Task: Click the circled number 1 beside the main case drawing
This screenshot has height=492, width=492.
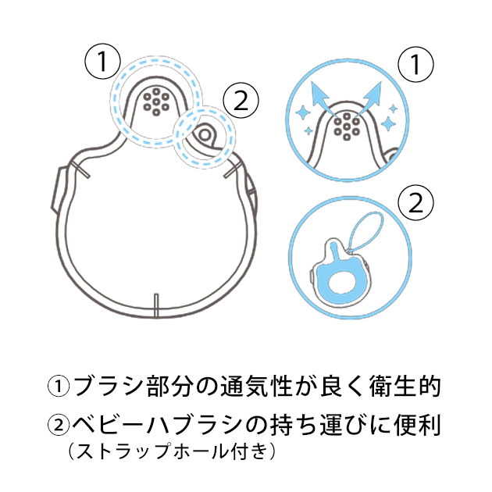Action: (102, 61)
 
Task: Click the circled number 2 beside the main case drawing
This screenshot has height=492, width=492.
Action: (241, 101)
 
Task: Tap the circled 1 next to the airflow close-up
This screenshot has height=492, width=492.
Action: (415, 64)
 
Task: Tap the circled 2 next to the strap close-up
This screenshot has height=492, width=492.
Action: (415, 203)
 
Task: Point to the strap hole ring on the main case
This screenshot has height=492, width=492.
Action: (205, 135)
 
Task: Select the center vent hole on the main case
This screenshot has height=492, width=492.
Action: (156, 102)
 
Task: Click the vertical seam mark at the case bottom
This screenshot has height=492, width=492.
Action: (156, 305)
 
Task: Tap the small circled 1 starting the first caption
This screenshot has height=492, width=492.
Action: (59, 387)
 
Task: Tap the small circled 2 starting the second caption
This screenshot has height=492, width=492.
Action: (59, 426)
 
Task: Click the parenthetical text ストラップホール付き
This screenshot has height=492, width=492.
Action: (172, 451)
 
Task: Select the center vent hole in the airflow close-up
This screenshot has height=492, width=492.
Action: (347, 127)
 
